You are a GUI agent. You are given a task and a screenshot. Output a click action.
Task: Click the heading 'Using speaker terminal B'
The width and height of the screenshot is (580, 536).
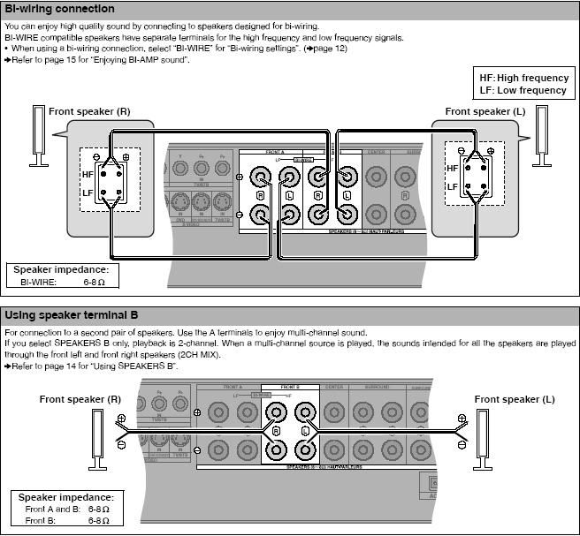[x=72, y=315]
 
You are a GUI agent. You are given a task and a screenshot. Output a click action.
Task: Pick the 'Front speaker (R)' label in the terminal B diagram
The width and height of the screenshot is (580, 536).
[x=80, y=399]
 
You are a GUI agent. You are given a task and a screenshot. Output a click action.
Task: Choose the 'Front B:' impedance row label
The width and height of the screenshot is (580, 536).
[x=41, y=522]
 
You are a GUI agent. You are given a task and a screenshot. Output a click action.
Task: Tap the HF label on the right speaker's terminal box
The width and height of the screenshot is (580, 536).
[x=453, y=168]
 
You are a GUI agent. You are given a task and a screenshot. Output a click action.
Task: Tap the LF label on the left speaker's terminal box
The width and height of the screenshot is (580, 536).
[x=88, y=191]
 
